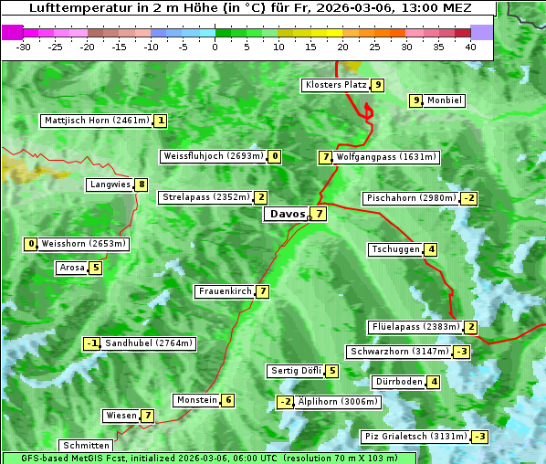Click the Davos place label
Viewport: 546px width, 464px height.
pyautogui.click(x=288, y=215)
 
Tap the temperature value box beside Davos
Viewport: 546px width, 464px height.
pyautogui.click(x=319, y=215)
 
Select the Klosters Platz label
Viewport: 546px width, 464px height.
pyautogui.click(x=335, y=85)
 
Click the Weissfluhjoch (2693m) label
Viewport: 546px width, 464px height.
pyautogui.click(x=214, y=156)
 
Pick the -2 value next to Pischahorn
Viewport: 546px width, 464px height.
pyautogui.click(x=469, y=198)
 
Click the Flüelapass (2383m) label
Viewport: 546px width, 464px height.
pyautogui.click(x=415, y=327)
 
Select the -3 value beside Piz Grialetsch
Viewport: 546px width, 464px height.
pyautogui.click(x=480, y=437)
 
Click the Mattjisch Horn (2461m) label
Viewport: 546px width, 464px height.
pyautogui.click(x=97, y=121)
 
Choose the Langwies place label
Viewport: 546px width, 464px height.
pyautogui.click(x=110, y=185)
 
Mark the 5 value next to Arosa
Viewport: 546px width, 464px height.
pyautogui.click(x=95, y=268)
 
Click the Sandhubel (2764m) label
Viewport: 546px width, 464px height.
pyautogui.click(x=150, y=343)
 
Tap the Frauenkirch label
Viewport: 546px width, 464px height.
pyautogui.click(x=224, y=291)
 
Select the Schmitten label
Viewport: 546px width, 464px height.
pyautogui.click(x=86, y=446)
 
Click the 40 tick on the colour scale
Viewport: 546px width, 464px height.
pyautogui.click(x=470, y=47)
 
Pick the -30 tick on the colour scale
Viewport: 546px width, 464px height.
pyautogui.click(x=24, y=47)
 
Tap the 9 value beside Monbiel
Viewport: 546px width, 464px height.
pyautogui.click(x=416, y=100)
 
